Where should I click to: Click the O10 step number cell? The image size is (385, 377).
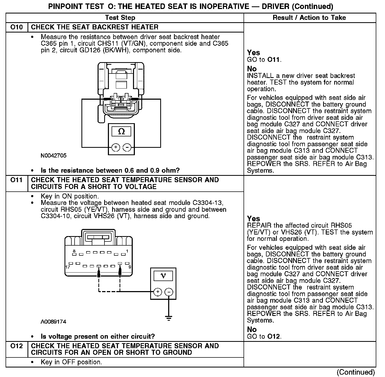pyautogui.click(x=16, y=27)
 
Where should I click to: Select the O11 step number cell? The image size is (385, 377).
pyautogui.click(x=16, y=180)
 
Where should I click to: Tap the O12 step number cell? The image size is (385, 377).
pyautogui.click(x=16, y=346)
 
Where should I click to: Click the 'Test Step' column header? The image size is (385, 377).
pyautogui.click(x=120, y=18)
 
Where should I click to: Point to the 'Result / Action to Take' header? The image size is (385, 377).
pyautogui.click(x=309, y=18)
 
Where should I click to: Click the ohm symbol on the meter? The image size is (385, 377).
pyautogui.click(x=121, y=131)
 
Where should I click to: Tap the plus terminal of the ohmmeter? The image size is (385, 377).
pyautogui.click(x=116, y=147)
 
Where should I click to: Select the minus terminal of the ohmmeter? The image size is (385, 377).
pyautogui.click(x=127, y=147)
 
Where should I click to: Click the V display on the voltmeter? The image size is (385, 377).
pyautogui.click(x=163, y=276)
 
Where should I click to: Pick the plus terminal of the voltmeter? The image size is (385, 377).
pyautogui.click(x=158, y=292)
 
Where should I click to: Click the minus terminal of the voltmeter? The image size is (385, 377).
pyautogui.click(x=169, y=292)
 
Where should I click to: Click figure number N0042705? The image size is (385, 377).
pyautogui.click(x=54, y=156)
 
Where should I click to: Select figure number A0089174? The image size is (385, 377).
pyautogui.click(x=53, y=322)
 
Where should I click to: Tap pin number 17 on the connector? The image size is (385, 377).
pyautogui.click(x=68, y=267)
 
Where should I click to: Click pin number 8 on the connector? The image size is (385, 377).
pyautogui.click(x=74, y=251)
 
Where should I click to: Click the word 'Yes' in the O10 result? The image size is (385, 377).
pyautogui.click(x=253, y=53)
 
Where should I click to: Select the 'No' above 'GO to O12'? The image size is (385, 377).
pyautogui.click(x=252, y=329)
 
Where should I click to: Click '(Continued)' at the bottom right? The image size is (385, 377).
pyautogui.click(x=356, y=372)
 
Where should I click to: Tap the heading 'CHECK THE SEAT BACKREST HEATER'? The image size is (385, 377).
pyautogui.click(x=95, y=27)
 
